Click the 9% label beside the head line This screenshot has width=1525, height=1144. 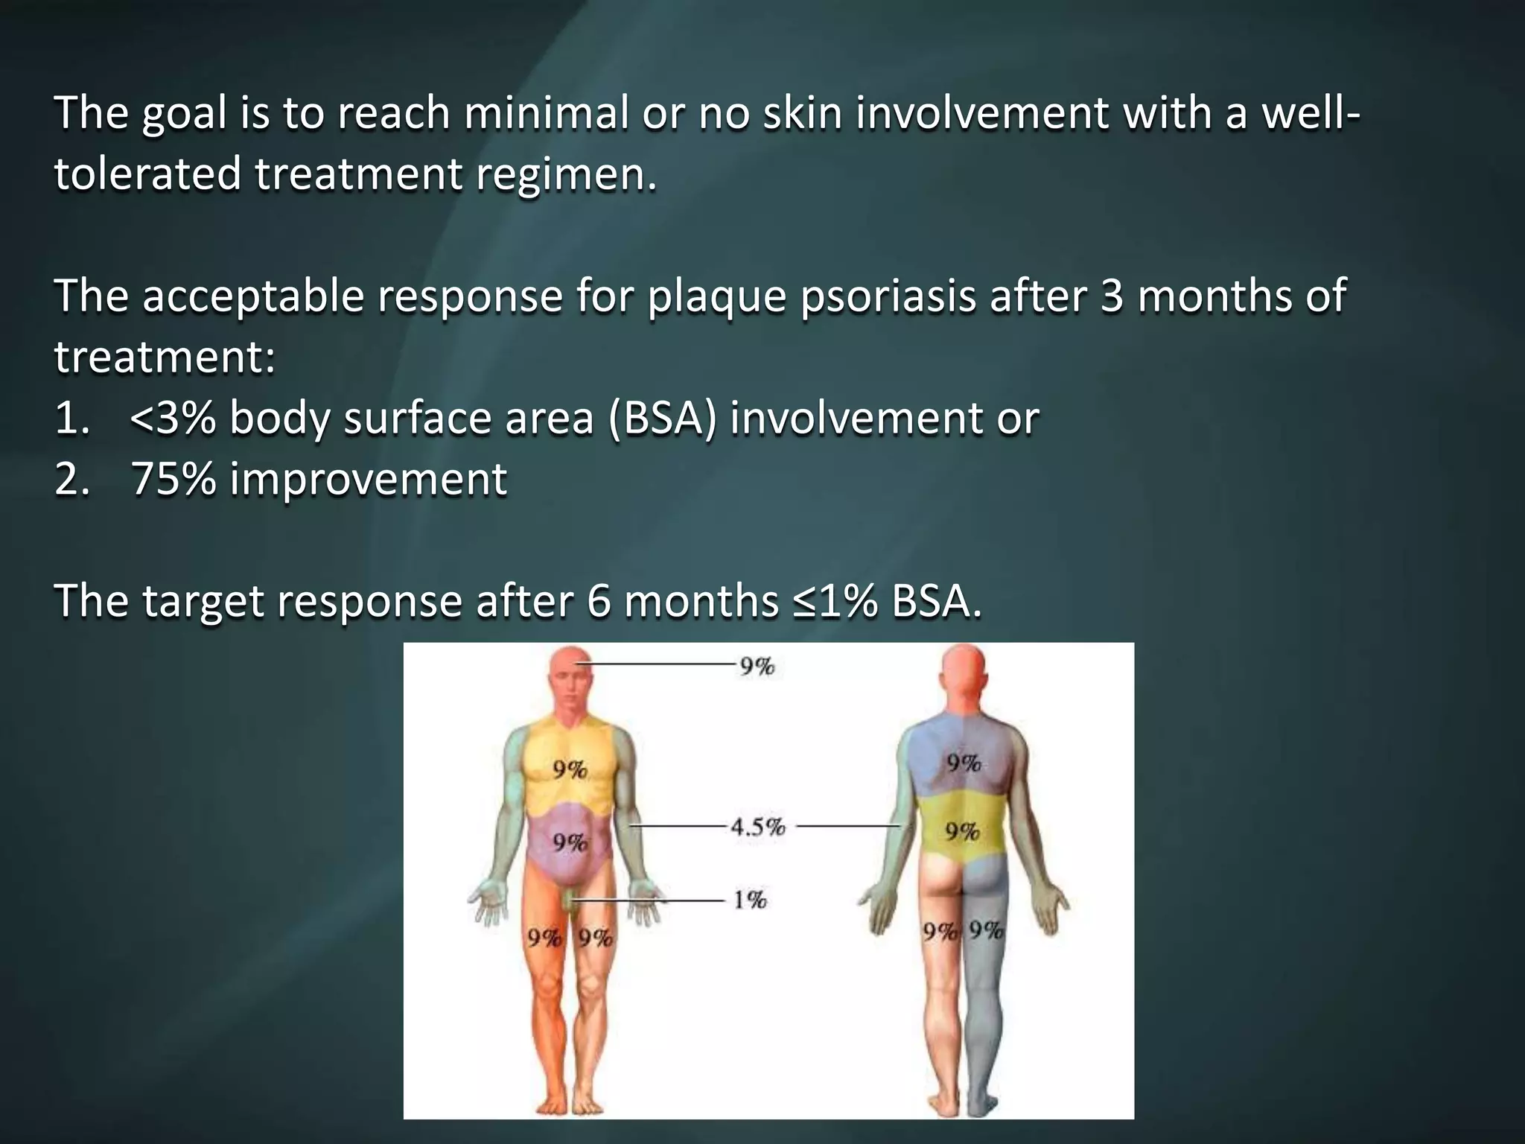pos(757,666)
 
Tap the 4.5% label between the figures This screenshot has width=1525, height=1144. pos(757,827)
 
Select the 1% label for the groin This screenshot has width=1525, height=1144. pos(749,900)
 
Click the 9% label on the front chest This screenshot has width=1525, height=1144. pos(570,770)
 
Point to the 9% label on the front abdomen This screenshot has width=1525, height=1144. pos(570,842)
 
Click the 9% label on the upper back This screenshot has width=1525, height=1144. pos(964,763)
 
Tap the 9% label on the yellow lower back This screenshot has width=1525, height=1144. pos(962,831)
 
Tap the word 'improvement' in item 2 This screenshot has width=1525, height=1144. pos(369,478)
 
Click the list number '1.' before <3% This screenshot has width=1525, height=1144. pos(72,418)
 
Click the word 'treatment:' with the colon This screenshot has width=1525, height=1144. pos(165,357)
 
